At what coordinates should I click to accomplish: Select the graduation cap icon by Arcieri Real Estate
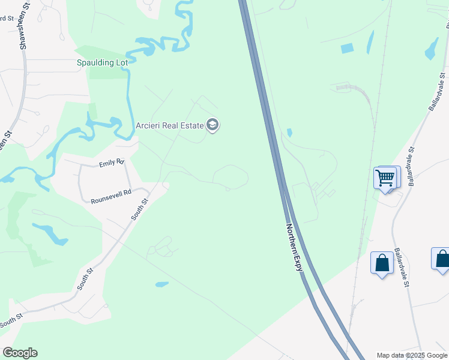(x=212, y=125)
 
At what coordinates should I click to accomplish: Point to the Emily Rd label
(x=111, y=163)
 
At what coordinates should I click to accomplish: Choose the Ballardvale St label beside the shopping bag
(x=402, y=268)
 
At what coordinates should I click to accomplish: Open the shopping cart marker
(x=385, y=178)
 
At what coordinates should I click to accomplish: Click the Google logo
(x=20, y=353)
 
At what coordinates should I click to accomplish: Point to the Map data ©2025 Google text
(x=412, y=355)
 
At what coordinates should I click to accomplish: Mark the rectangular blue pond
(x=347, y=49)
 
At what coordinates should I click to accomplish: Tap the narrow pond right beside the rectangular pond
(x=369, y=43)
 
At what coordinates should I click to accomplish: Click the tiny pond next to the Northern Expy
(x=289, y=132)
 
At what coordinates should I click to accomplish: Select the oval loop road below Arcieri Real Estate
(x=231, y=176)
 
